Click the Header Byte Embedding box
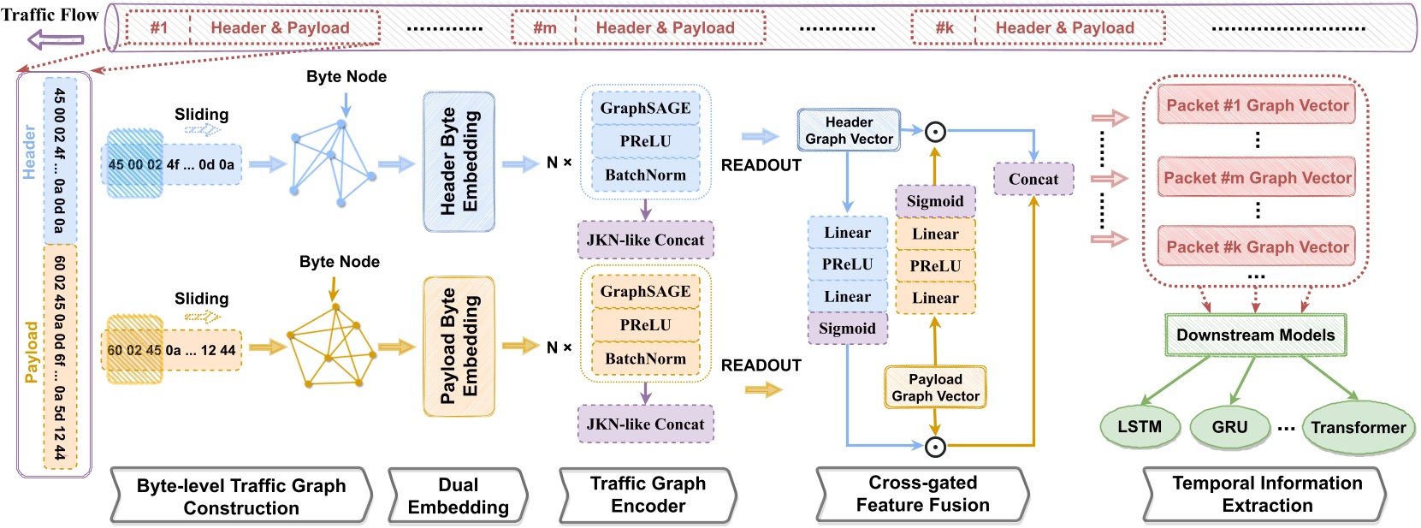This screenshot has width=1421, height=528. coord(459,162)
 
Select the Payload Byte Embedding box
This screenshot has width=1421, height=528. coord(459,347)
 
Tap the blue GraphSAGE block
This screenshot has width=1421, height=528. coord(645,108)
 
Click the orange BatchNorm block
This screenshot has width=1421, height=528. coord(645,359)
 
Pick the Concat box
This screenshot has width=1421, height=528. coord(1033,179)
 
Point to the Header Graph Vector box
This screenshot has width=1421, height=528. coord(849,130)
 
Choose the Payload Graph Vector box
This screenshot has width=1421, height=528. coord(935,388)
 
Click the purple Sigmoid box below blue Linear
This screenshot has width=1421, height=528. coord(847,329)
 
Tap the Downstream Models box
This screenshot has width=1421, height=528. coord(1255,335)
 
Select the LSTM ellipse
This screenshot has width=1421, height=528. coord(1140,427)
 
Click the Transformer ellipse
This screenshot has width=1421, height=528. coord(1358,428)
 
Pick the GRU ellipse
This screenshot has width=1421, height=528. coord(1229,427)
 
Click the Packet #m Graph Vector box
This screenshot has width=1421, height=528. coord(1257,178)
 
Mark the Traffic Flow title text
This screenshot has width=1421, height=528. coord(50,15)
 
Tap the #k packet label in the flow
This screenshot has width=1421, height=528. coord(944,27)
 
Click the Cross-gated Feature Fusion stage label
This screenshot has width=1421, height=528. coord(922,494)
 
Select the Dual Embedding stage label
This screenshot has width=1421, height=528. coord(458,495)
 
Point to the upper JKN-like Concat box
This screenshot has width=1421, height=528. coord(645,240)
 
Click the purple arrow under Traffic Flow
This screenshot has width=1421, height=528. coord(56,39)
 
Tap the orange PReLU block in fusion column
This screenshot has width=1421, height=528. coord(935,266)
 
